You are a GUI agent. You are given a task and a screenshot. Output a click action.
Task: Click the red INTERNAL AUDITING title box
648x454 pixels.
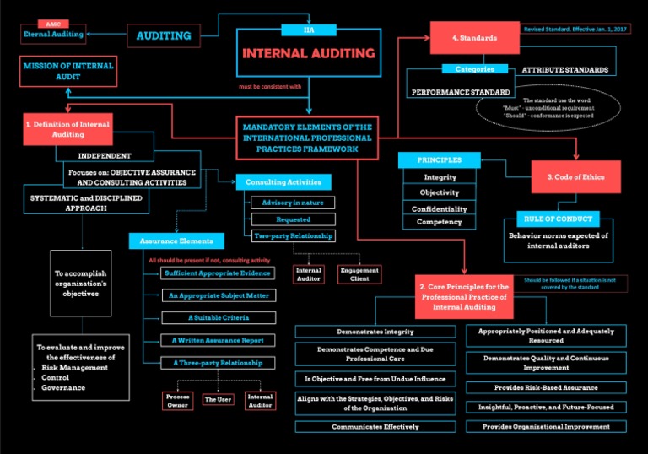tap(309, 54)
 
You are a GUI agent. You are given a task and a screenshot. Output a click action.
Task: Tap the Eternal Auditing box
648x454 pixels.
tap(53, 35)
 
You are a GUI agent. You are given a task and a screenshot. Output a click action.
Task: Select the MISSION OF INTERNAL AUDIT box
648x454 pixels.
tap(67, 70)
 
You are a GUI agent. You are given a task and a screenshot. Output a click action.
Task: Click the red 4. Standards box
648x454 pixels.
tap(474, 38)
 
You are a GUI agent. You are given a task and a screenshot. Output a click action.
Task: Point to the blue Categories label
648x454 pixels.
tap(475, 69)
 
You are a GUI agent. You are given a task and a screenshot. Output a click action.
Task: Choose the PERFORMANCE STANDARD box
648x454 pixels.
tap(461, 91)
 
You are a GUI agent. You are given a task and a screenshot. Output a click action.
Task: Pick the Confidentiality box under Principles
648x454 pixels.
tap(440, 208)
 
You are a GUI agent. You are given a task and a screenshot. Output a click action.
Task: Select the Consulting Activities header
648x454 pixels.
tap(283, 182)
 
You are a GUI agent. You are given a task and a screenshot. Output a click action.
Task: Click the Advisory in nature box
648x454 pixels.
tap(293, 203)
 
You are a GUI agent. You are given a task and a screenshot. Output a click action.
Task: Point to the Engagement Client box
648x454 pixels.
tap(359, 274)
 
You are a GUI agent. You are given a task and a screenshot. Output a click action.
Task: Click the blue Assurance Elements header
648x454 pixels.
tap(177, 241)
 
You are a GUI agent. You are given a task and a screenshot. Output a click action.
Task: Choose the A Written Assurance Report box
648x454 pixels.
tap(219, 340)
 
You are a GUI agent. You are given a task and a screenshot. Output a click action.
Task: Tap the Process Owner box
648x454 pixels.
tap(177, 399)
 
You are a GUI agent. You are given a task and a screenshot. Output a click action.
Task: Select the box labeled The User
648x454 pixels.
tap(219, 399)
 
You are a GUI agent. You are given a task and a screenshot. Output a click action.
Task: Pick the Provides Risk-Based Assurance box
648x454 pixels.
tap(546, 387)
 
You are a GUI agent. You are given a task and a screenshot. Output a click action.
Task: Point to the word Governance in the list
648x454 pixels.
tap(63, 388)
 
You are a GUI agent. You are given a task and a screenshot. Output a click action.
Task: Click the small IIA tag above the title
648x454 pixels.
tap(308, 30)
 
